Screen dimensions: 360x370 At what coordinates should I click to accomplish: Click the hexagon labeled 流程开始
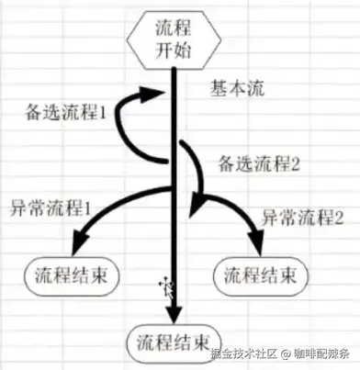(x=174, y=39)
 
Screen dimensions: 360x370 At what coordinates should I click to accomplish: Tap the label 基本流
(x=237, y=89)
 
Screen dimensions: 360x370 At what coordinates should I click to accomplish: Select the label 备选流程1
(x=65, y=113)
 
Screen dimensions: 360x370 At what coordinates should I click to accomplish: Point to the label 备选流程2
(x=259, y=163)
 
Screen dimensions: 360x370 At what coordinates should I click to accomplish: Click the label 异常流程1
(x=51, y=208)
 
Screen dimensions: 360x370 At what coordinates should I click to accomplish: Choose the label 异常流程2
(x=302, y=218)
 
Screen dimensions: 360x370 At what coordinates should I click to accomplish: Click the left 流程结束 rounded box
(x=72, y=276)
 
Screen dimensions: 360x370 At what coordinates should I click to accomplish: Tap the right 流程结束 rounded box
(x=261, y=276)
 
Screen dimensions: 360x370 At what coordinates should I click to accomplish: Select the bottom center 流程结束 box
(x=174, y=343)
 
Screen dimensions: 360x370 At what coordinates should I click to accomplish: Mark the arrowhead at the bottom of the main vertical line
(x=174, y=314)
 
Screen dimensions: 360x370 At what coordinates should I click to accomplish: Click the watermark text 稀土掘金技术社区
(x=244, y=354)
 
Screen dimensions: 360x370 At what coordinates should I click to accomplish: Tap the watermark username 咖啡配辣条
(x=321, y=354)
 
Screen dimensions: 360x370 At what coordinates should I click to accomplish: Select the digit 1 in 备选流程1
(x=103, y=113)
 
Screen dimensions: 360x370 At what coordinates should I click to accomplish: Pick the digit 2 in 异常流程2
(x=340, y=218)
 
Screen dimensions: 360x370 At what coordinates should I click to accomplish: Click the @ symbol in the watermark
(x=286, y=354)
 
